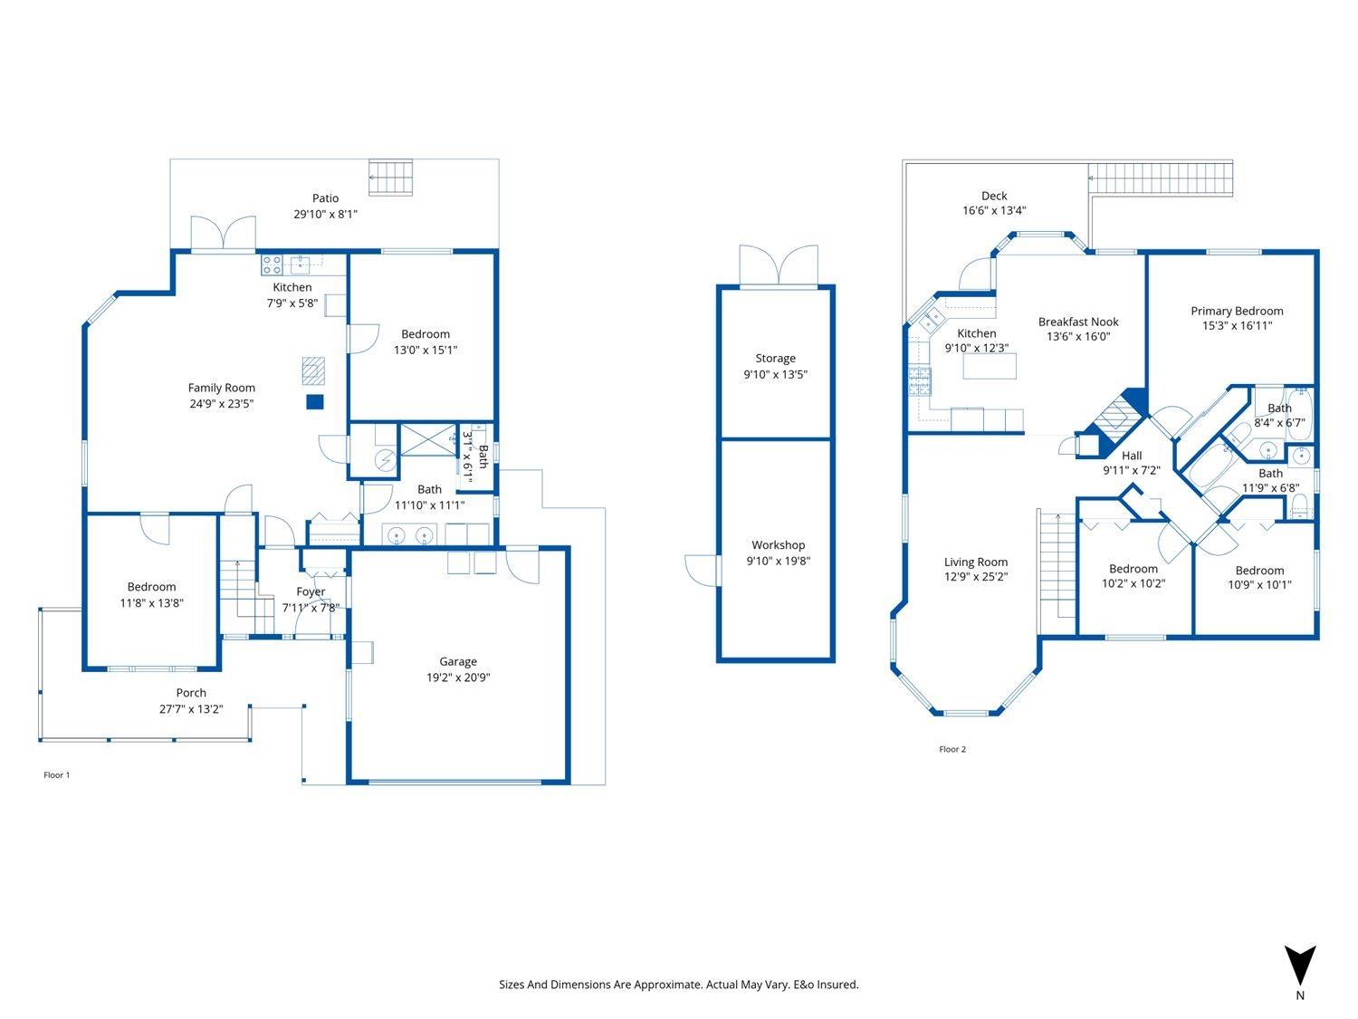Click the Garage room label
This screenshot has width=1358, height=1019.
[x=458, y=661]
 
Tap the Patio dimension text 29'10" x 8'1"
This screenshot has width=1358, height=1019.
[x=325, y=215]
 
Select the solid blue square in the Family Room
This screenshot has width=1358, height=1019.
[x=314, y=402]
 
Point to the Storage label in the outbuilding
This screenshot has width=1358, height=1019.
[x=775, y=359]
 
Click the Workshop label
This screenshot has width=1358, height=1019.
[x=778, y=545]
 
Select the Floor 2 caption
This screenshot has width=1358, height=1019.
[x=952, y=749]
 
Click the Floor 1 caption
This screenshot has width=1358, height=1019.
[x=56, y=775]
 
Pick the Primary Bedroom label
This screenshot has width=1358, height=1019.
[x=1237, y=311]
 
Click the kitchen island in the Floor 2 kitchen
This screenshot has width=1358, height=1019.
[x=990, y=366]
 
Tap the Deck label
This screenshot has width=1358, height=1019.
[x=994, y=196]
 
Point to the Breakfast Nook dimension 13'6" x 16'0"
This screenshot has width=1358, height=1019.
[x=1078, y=337]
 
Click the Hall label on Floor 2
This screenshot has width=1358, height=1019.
[x=1132, y=456]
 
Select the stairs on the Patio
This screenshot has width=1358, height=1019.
[x=391, y=178]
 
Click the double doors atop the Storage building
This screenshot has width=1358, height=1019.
[x=778, y=265]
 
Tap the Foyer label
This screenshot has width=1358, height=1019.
[x=311, y=591]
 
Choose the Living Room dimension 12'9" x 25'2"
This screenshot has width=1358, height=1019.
[x=976, y=577]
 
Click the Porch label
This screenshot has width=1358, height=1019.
[x=191, y=693]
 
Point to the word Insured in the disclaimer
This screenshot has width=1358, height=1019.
[x=837, y=985]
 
